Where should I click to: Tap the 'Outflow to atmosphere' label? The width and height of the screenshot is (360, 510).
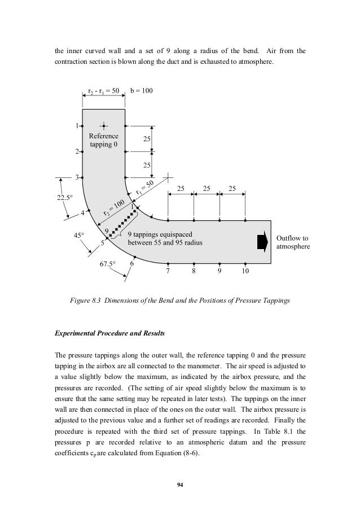coord(292,242)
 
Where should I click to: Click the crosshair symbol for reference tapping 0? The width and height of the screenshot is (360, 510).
coord(103,125)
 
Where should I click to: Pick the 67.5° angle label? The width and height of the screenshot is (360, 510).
coord(106,264)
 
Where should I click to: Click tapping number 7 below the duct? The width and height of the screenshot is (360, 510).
coord(168,272)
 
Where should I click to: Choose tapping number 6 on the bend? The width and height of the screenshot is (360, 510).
coord(132,264)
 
